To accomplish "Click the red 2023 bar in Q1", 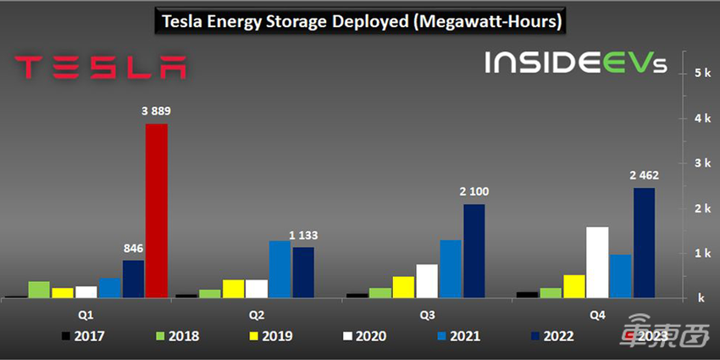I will (x=157, y=211).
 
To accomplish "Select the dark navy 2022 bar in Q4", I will (x=644, y=242).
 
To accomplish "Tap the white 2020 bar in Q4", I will (x=597, y=263).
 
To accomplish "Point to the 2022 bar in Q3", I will (x=474, y=251).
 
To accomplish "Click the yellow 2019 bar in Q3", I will (x=403, y=287).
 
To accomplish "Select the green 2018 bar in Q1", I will (x=39, y=290).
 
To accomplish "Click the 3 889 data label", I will (x=157, y=110).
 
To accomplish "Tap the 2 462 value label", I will (x=644, y=175).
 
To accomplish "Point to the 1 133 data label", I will (x=303, y=235).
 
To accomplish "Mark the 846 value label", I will (x=133, y=248).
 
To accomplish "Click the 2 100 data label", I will (x=474, y=191).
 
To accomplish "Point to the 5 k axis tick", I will (x=701, y=74).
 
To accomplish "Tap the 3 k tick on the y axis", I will (x=701, y=163).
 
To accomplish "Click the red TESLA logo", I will (x=100, y=67).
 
